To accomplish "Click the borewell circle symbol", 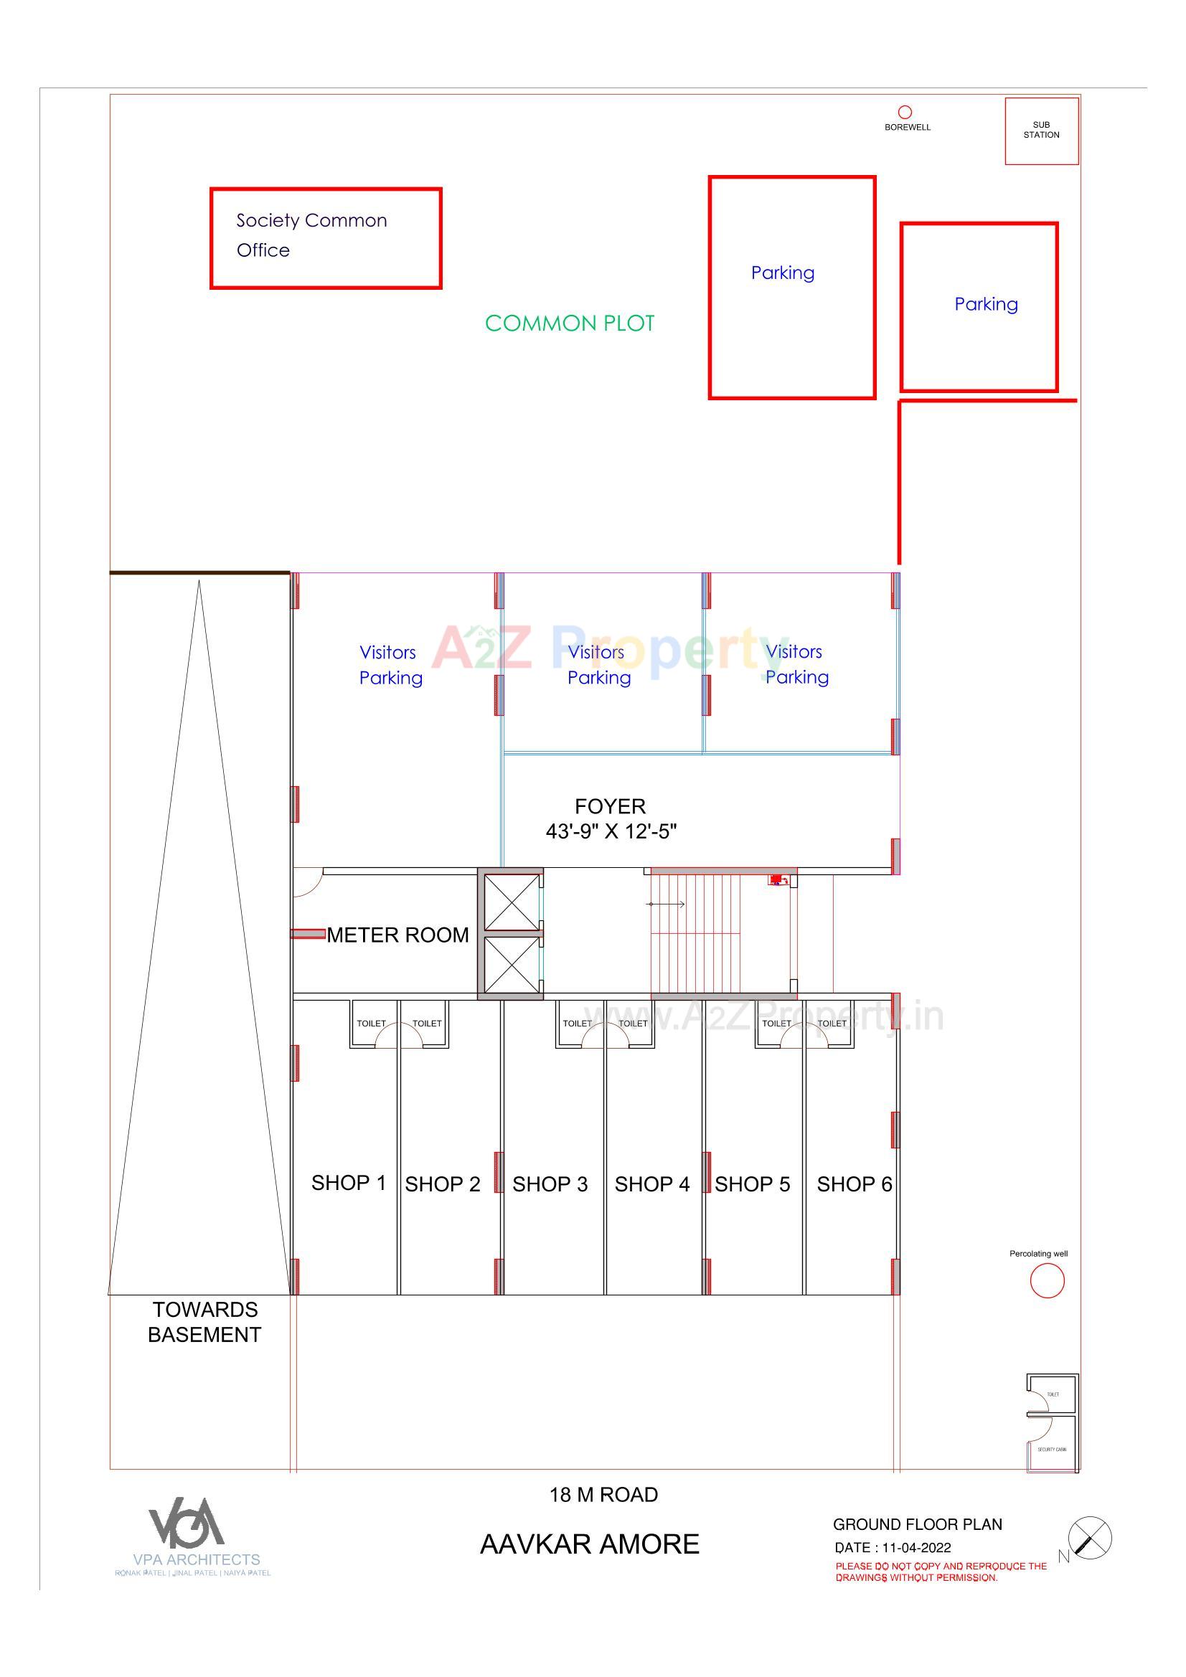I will point(905,112).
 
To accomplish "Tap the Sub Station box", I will point(1041,131).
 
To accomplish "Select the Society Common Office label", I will point(311,235).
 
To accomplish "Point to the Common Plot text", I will point(569,323).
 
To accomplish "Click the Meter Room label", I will point(397,935).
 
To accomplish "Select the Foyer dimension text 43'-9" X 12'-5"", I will point(611,831).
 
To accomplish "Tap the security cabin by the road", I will point(1053,1444).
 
